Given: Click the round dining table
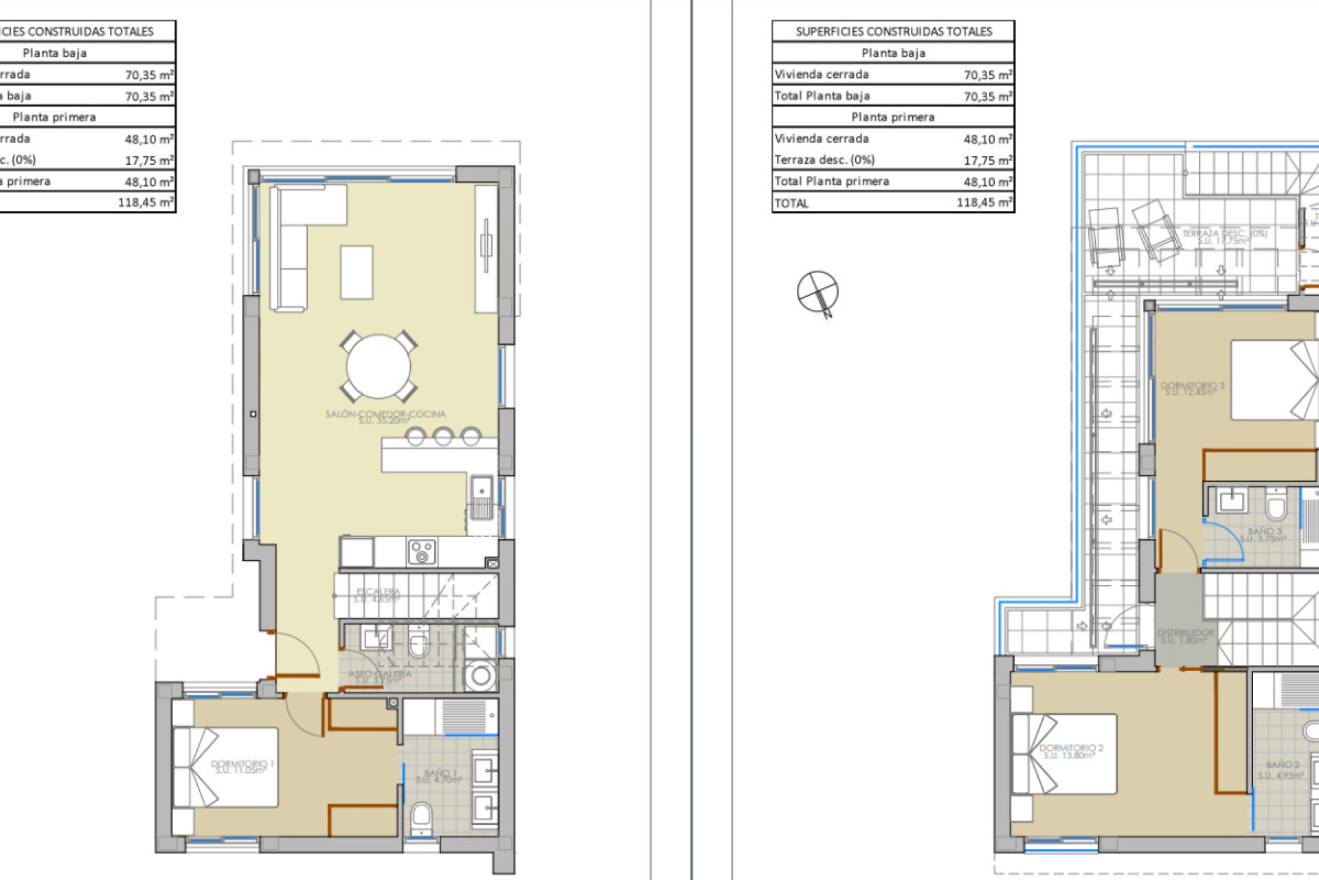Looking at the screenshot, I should (x=378, y=366).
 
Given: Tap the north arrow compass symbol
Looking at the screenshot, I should (x=818, y=291).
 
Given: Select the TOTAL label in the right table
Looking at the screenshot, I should (x=791, y=203).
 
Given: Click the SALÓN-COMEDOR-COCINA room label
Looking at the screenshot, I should (x=385, y=415).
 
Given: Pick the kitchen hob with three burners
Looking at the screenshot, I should (x=422, y=551).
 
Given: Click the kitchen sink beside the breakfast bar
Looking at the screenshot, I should (x=482, y=489).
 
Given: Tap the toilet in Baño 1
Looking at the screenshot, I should (x=420, y=817).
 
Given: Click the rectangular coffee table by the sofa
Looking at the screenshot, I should (x=357, y=272).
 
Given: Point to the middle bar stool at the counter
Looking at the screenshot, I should (x=443, y=436).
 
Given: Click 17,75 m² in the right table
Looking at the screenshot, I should (x=987, y=160).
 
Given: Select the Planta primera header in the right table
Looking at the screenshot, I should (x=892, y=117).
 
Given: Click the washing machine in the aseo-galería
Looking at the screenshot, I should (x=480, y=675).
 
